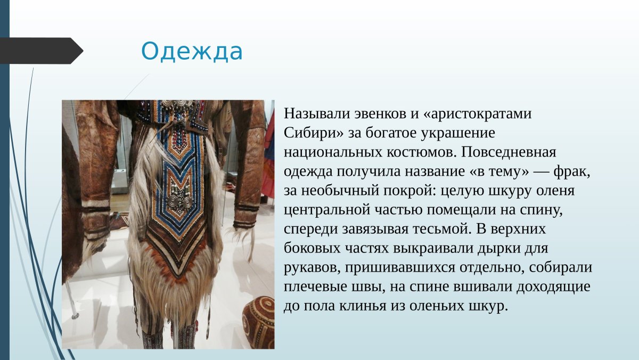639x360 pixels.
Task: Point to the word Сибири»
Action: pos(314,133)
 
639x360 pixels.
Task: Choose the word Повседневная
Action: pos(509,152)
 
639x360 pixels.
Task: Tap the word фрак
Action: pos(572,171)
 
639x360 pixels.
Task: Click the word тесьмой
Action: pos(442,229)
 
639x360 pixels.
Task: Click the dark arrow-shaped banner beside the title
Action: pos(42,51)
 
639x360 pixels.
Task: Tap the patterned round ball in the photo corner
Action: pos(258,322)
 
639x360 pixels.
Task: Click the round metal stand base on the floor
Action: pos(75,316)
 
